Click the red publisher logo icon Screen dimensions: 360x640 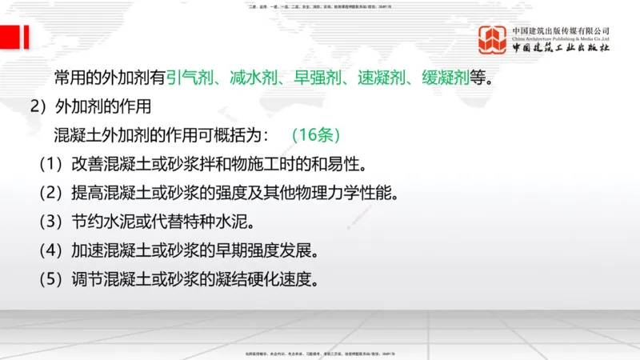click(493, 40)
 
